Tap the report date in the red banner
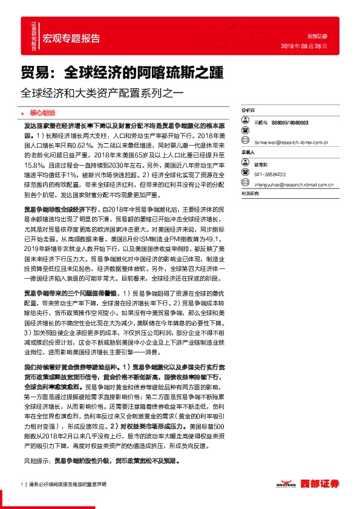[x=307, y=46]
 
